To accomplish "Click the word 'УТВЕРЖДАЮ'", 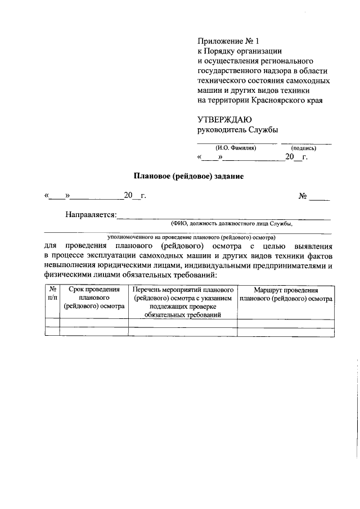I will click(x=224, y=120).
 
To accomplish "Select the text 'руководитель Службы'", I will click(x=237, y=130).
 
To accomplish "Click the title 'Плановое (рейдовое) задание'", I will click(x=188, y=176).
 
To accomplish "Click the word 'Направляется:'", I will click(x=91, y=214).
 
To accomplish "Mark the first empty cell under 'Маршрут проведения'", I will click(x=286, y=323).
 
